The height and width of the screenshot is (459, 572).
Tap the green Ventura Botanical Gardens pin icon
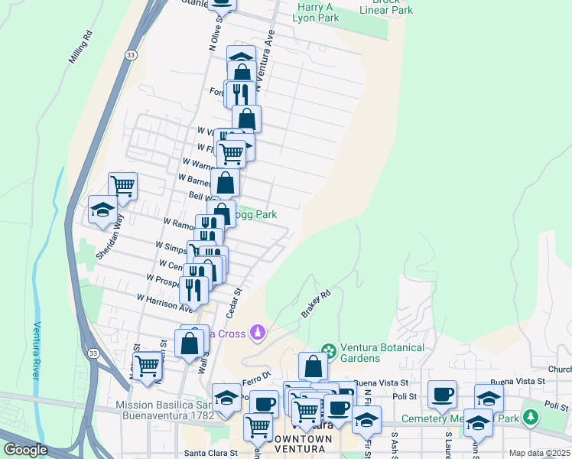click(x=329, y=350)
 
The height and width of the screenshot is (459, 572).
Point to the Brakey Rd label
click(x=315, y=303)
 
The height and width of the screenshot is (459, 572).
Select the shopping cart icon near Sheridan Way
click(x=122, y=185)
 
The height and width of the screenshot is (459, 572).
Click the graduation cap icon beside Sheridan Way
click(x=102, y=210)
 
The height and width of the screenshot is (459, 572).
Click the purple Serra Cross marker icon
click(x=258, y=332)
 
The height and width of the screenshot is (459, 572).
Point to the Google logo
click(x=25, y=450)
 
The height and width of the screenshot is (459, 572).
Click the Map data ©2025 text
click(x=539, y=453)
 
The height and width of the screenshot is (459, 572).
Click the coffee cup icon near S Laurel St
click(x=442, y=394)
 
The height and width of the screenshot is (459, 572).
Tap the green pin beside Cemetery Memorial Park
click(x=531, y=418)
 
